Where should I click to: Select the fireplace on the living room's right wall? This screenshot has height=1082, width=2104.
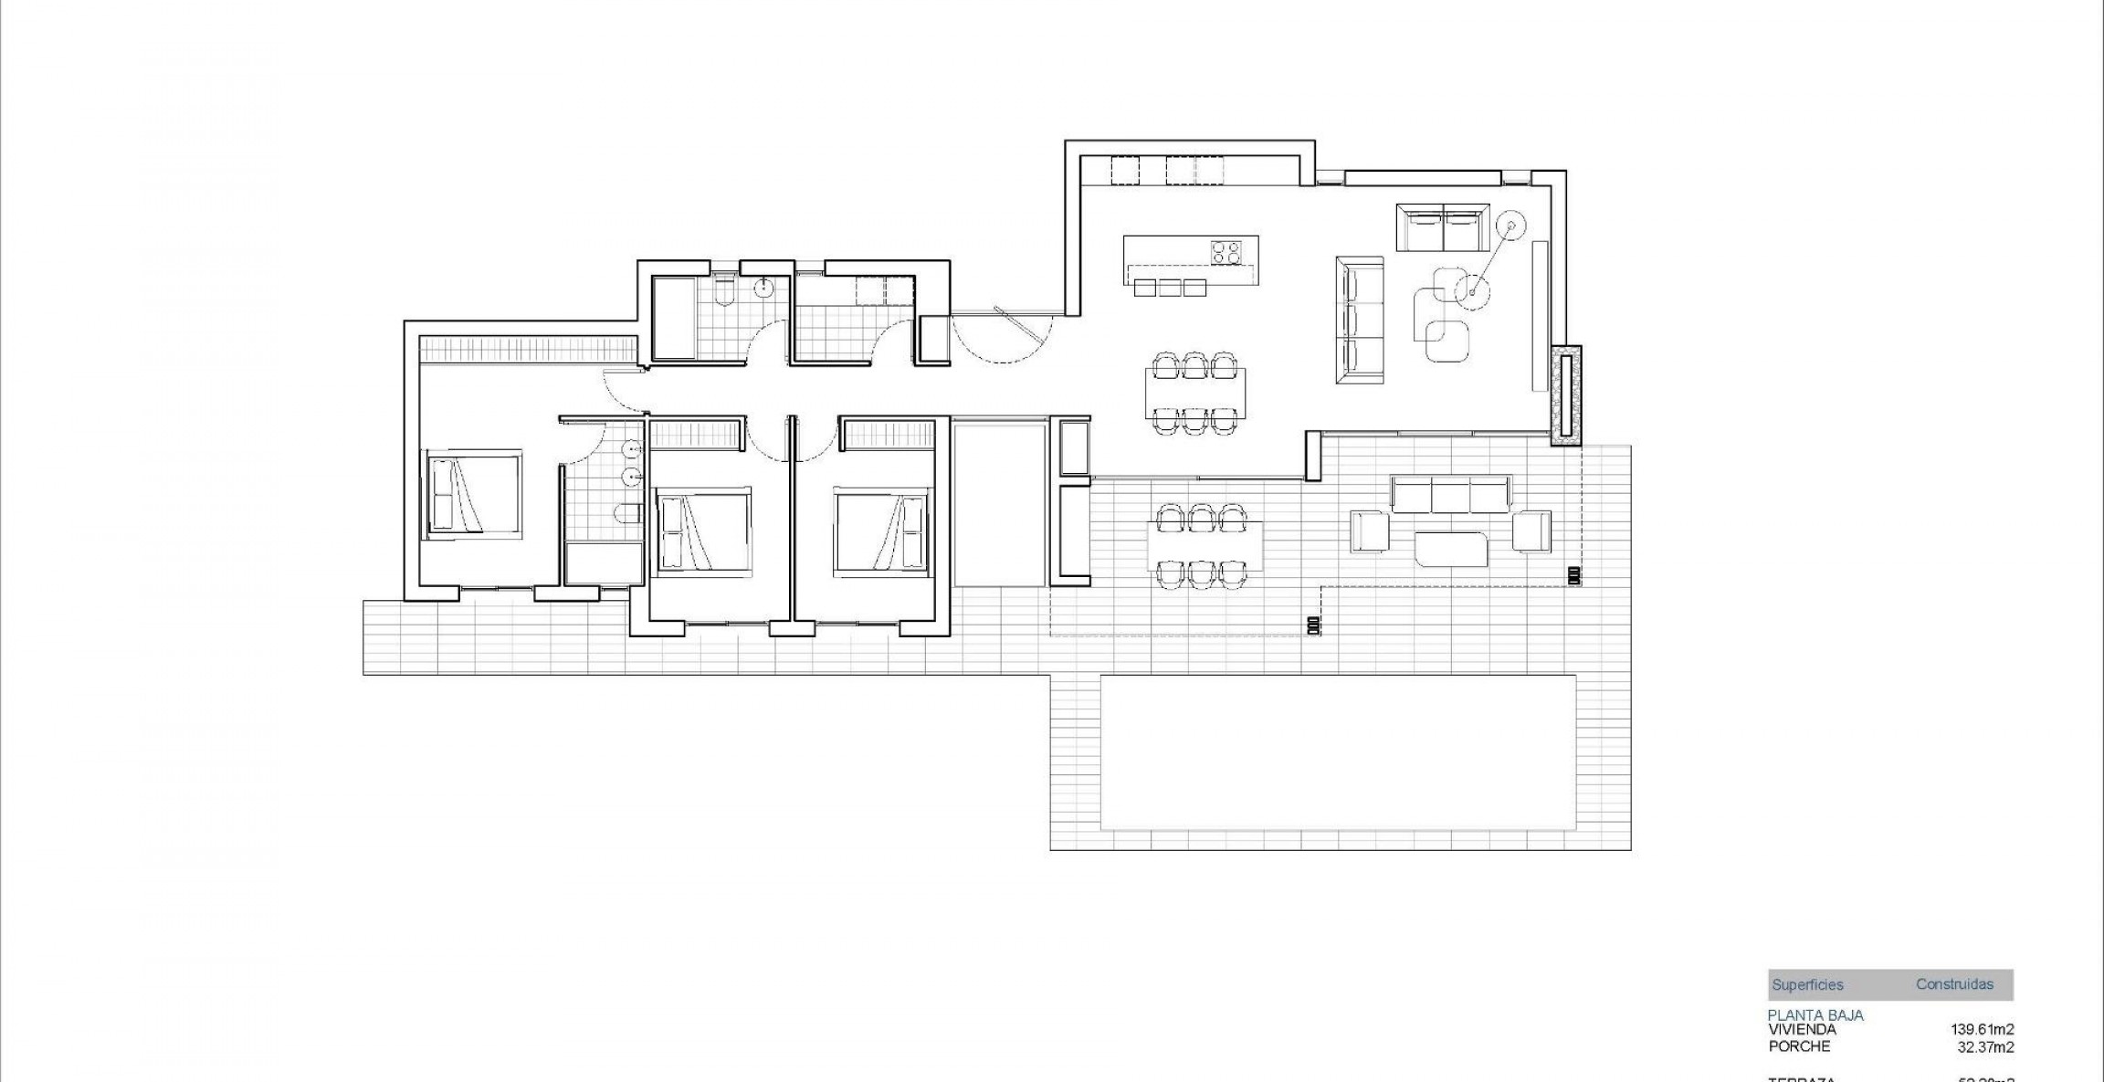(1565, 395)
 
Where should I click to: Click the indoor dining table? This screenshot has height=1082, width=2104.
(1194, 393)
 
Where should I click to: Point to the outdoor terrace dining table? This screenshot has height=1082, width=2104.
(1204, 545)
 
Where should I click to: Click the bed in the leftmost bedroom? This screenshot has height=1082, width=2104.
(471, 494)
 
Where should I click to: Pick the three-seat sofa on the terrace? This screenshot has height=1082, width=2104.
(1450, 494)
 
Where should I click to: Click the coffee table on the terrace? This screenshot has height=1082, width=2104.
(1451, 550)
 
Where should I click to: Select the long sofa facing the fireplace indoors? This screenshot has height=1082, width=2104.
(1360, 320)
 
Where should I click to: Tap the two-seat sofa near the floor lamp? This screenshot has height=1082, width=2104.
(1443, 227)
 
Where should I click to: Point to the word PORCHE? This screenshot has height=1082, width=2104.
(1799, 1046)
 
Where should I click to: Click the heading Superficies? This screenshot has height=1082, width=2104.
(1807, 985)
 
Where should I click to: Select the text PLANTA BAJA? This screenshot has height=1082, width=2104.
(1815, 1015)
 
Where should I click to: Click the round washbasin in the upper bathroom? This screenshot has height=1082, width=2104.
(764, 289)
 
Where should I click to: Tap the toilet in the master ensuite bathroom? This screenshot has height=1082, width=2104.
(627, 515)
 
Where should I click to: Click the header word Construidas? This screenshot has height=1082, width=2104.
(1954, 984)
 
